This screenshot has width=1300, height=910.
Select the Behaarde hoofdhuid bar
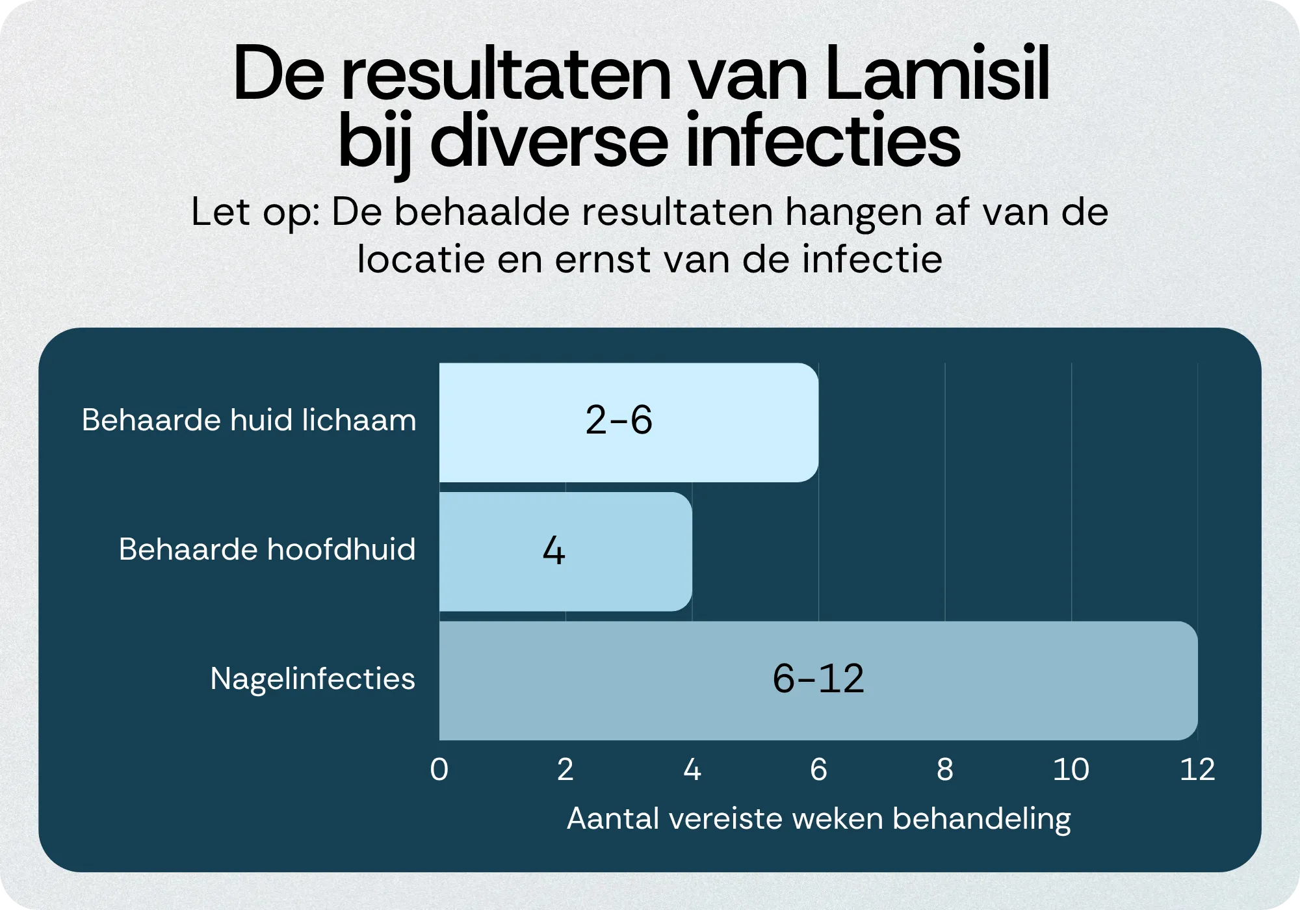pyautogui.click(x=624, y=551)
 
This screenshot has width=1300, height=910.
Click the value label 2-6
pyautogui.click(x=618, y=420)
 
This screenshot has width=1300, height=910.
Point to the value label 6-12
pyautogui.click(x=818, y=679)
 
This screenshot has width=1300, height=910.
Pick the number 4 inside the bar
pyautogui.click(x=553, y=551)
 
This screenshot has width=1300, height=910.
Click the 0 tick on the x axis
pyautogui.click(x=439, y=770)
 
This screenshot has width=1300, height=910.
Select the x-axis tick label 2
pyautogui.click(x=565, y=770)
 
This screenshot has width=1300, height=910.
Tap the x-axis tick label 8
pyautogui.click(x=944, y=770)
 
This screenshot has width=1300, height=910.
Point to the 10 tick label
pyautogui.click(x=1071, y=770)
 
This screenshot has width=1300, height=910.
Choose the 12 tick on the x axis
pyautogui.click(x=1197, y=770)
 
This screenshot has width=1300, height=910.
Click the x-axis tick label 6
pyautogui.click(x=818, y=770)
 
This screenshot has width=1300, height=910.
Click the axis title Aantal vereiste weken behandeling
pyautogui.click(x=818, y=818)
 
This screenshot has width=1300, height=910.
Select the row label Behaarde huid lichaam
pyautogui.click(x=249, y=420)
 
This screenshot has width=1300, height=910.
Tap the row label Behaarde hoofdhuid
pyautogui.click(x=267, y=549)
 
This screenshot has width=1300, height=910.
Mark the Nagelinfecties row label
pyautogui.click(x=313, y=679)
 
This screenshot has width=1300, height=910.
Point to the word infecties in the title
pyautogui.click(x=822, y=140)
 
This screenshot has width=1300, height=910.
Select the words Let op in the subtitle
pyautogui.click(x=253, y=213)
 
